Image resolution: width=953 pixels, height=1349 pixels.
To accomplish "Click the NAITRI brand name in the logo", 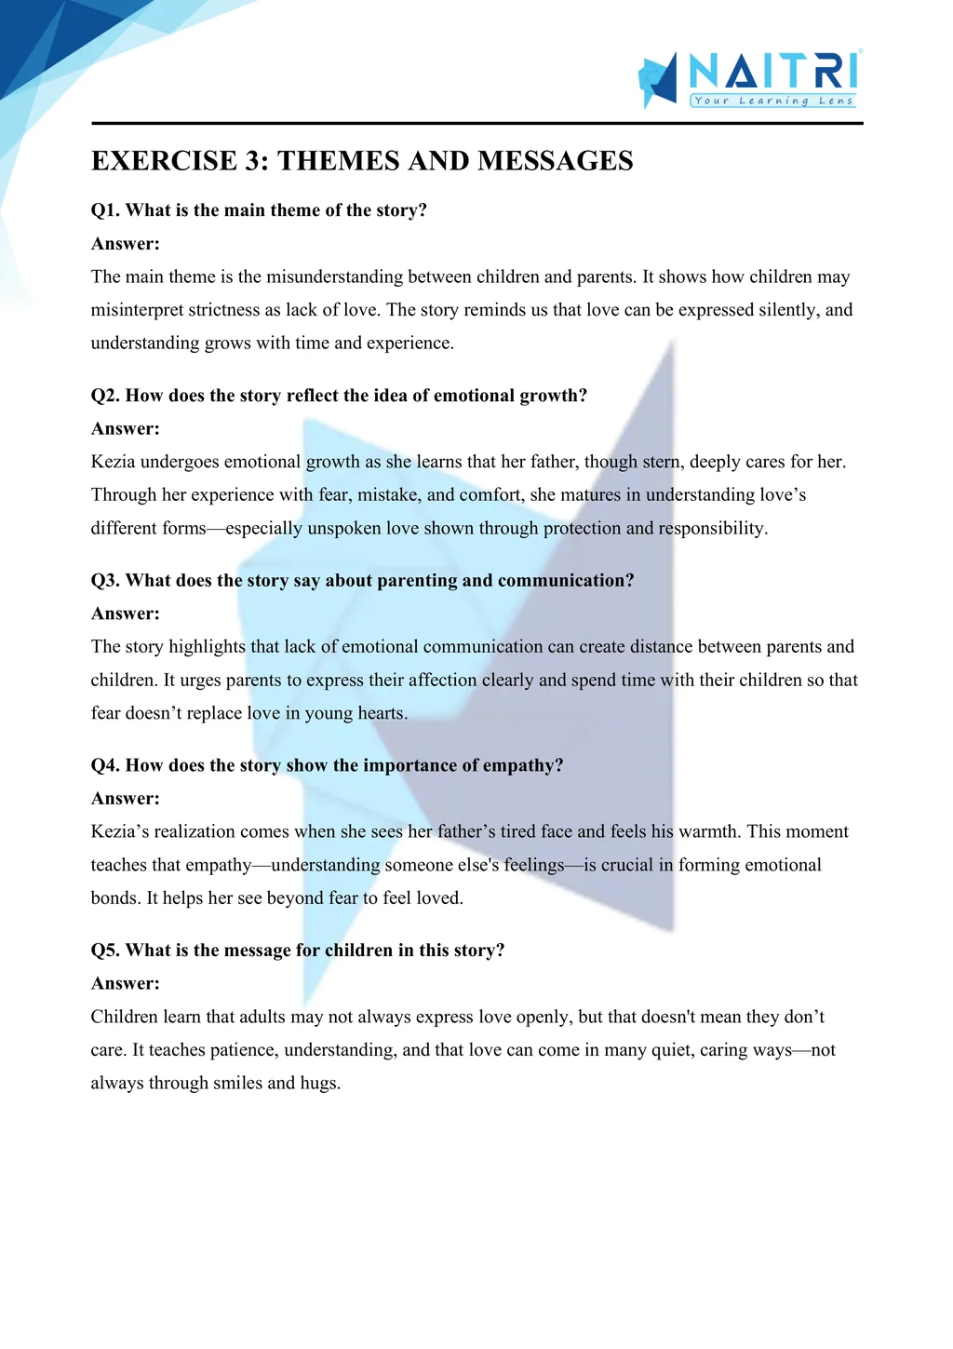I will (x=773, y=71).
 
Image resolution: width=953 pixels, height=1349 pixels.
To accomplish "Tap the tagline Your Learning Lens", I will (x=773, y=101).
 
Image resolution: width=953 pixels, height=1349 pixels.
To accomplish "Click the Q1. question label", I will (x=105, y=210).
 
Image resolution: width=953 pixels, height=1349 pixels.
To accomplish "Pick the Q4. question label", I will (x=105, y=765).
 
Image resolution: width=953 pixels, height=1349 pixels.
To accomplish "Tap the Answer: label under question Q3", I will (x=125, y=614).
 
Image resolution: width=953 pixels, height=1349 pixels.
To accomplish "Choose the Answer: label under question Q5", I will (x=125, y=983).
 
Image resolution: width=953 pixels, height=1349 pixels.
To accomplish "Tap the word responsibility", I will (x=713, y=529).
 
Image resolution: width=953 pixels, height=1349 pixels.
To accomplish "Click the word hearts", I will (x=382, y=714).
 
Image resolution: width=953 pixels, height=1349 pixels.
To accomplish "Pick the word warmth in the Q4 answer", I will (x=707, y=831).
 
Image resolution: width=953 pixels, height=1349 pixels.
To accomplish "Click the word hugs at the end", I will (x=319, y=1084).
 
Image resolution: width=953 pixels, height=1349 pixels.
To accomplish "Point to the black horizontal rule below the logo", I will (x=476, y=123).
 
